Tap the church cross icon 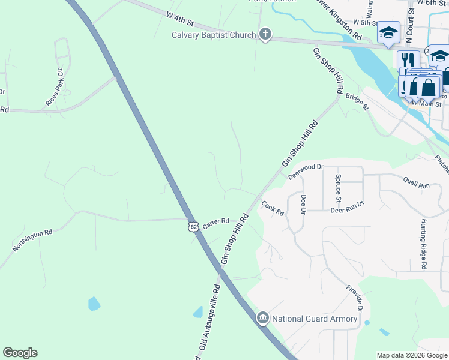[x=265, y=35]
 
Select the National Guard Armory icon [x=262, y=318]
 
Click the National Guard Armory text [x=315, y=319]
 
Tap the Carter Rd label [x=216, y=222]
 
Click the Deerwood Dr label [x=306, y=172]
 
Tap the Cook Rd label [x=272, y=209]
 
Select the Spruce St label [x=339, y=191]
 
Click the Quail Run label [x=416, y=186]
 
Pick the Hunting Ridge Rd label [x=423, y=243]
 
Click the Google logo [x=20, y=353]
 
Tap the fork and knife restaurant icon [x=408, y=59]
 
